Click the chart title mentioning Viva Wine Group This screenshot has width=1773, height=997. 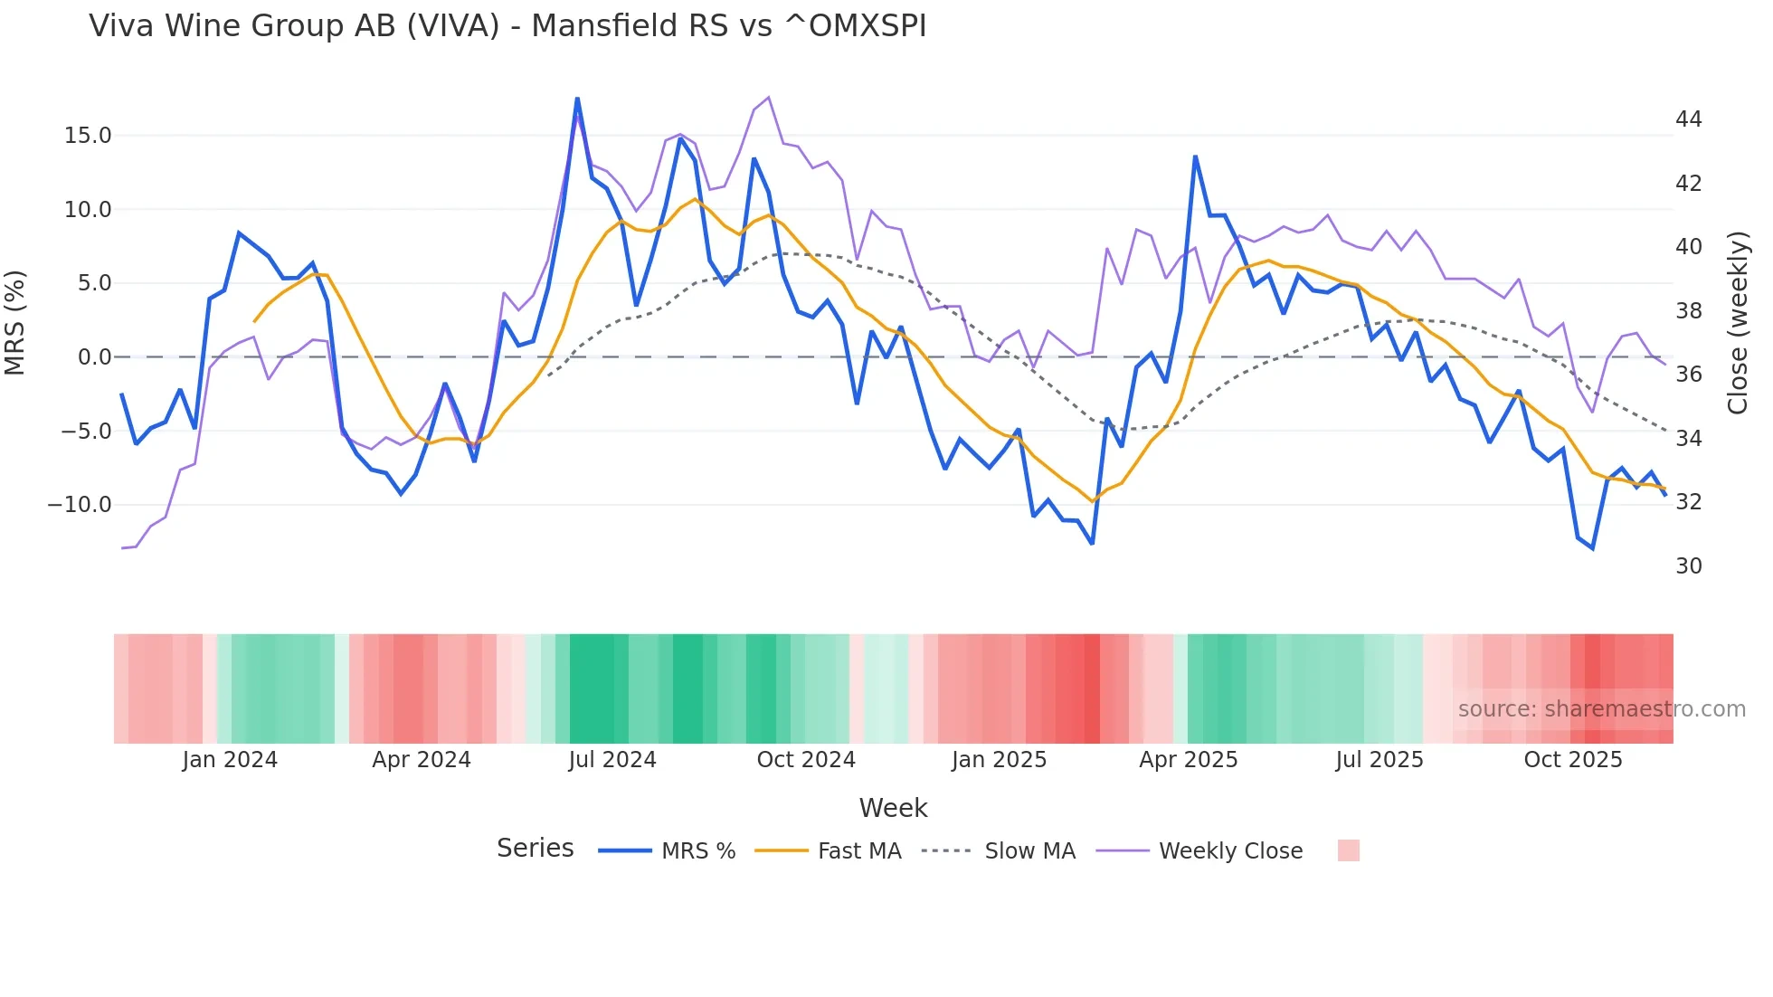507,26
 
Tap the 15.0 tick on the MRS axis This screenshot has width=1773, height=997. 88,136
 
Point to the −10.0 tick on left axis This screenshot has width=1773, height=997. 80,505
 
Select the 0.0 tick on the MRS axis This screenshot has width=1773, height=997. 94,357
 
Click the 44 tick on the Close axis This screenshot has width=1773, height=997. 1688,119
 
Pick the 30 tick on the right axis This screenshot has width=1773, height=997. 1688,566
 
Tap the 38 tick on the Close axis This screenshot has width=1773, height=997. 1688,311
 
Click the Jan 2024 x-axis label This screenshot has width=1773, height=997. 230,760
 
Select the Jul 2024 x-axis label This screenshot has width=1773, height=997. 612,760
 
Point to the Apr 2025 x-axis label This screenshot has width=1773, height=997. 1188,760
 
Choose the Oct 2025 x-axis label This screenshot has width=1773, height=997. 1572,760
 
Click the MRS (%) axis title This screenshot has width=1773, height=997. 15,322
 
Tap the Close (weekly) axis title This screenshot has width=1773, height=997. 1738,323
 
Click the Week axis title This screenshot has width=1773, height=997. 893,808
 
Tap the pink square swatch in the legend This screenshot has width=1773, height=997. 1348,850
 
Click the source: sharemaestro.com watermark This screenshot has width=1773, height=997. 1601,709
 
